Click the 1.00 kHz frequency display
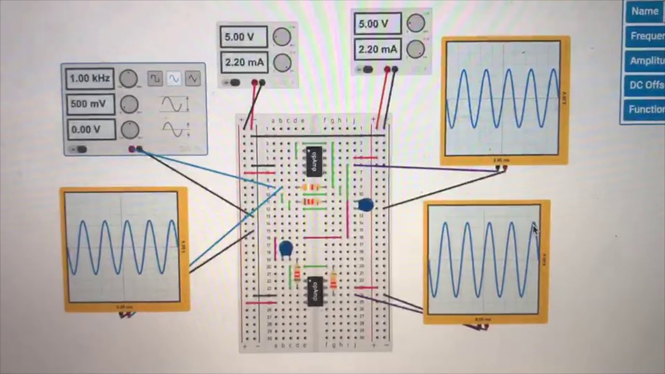coord(90,79)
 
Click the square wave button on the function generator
coord(155,78)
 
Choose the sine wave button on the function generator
coord(174,78)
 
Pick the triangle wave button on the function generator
coord(193,78)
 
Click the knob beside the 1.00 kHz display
coord(128,79)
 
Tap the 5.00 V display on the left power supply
coord(244,37)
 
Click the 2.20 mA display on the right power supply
coord(378,49)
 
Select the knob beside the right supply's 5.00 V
coord(416,23)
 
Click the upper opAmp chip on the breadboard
coord(314,161)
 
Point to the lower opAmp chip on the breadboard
coord(314,291)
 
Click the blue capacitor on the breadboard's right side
coord(366,205)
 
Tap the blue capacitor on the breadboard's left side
coord(285,249)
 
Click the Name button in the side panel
coord(645,11)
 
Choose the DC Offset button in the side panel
coord(646,85)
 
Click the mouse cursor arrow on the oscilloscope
coord(535,229)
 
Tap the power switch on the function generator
coord(81,150)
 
